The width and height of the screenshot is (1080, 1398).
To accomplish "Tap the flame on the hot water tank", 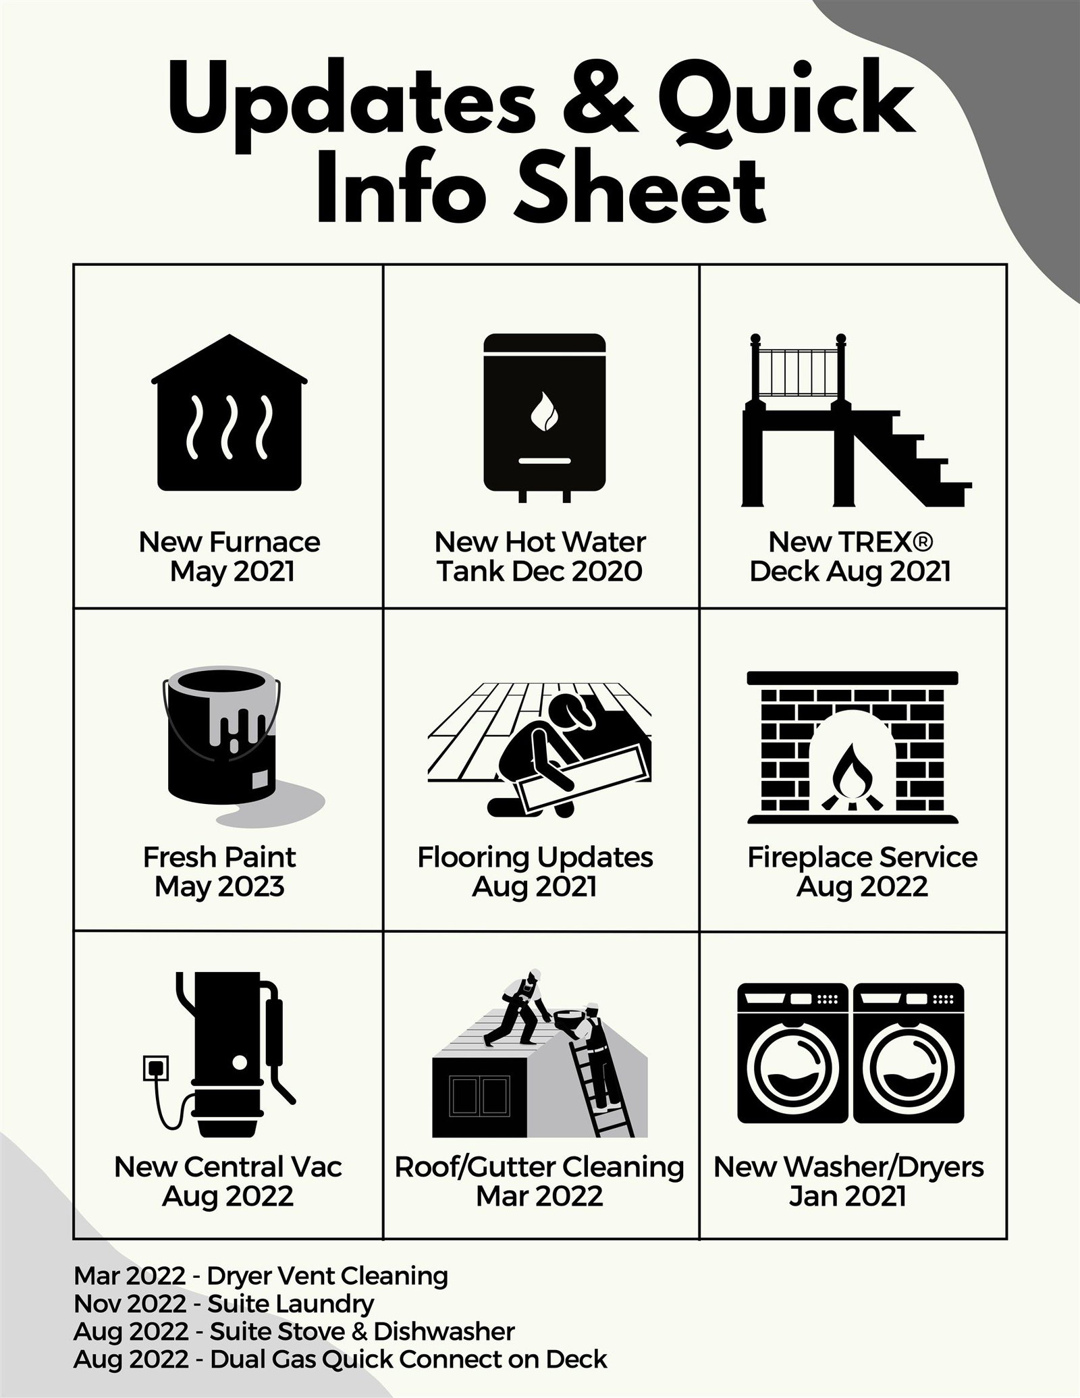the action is pyautogui.click(x=543, y=412).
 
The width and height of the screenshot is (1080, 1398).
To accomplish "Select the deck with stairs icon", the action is pyautogui.click(x=855, y=419).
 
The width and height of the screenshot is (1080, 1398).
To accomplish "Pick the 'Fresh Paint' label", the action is pyautogui.click(x=219, y=857).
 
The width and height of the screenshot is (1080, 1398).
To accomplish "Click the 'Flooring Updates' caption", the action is pyautogui.click(x=535, y=857).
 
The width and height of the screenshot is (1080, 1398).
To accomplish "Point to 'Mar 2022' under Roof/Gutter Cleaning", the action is pyautogui.click(x=539, y=1196).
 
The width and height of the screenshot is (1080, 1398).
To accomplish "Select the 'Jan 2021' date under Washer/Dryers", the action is pyautogui.click(x=847, y=1196).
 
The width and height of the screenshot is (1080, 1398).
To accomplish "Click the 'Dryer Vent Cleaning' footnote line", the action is pyautogui.click(x=261, y=1276).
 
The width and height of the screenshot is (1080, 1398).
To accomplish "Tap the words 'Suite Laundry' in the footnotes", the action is pyautogui.click(x=291, y=1303).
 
